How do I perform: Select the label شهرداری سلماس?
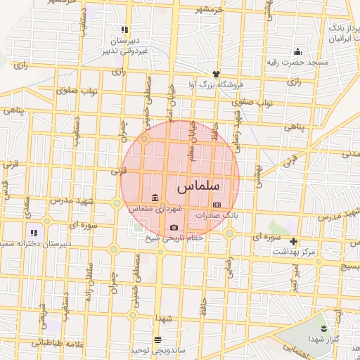point(155,209)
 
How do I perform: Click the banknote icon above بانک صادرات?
point(216,205)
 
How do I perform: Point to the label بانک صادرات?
point(217,216)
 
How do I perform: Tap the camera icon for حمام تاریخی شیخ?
point(174,227)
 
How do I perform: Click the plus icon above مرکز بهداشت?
point(294,241)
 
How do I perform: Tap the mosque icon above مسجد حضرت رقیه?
point(298,51)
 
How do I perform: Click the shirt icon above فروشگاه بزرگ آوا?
point(216,73)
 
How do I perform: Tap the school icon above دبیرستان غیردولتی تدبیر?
point(124,30)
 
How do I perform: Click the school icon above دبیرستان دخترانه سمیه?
point(32,232)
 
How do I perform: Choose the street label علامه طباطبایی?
point(53,345)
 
